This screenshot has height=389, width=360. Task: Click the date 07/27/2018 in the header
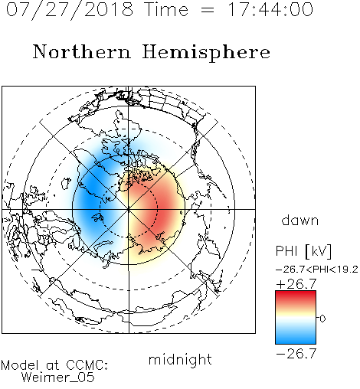(70, 10)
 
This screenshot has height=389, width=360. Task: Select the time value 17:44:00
(270, 9)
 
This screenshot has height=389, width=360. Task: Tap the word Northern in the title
(82, 51)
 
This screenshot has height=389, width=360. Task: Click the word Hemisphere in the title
(206, 53)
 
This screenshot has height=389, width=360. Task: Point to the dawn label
(300, 220)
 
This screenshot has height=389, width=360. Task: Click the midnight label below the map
(180, 360)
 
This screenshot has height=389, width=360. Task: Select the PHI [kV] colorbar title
(303, 251)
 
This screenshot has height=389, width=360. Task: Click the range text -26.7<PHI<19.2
(317, 270)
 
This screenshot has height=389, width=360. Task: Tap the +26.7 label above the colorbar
(296, 284)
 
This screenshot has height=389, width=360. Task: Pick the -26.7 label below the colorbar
(296, 354)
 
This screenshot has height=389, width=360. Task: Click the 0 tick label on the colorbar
(322, 319)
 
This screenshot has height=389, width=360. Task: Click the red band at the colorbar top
(296, 296)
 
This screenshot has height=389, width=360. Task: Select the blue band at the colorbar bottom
(296, 338)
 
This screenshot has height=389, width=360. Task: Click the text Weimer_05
(57, 378)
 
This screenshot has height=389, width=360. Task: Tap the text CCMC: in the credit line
(87, 365)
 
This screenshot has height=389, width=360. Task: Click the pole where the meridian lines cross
(129, 209)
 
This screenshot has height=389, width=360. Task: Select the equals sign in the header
(207, 10)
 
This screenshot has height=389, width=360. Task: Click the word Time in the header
(166, 9)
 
